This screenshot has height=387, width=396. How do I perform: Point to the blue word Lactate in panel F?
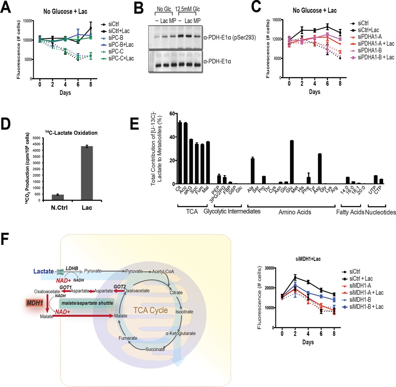coord(42,271)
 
